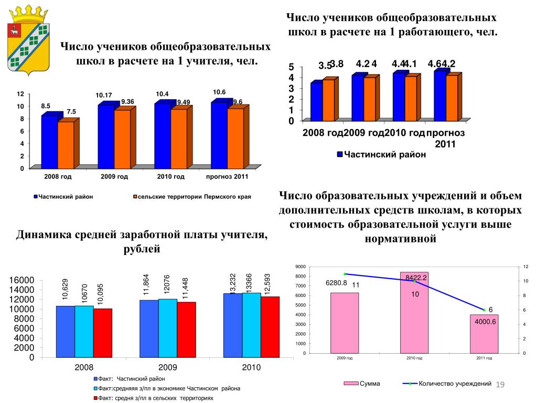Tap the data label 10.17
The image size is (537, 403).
pyautogui.click(x=104, y=95)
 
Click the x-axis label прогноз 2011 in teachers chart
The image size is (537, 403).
pyautogui.click(x=227, y=177)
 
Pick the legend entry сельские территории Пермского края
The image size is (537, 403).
pyautogui.click(x=191, y=197)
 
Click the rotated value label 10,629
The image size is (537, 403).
pyautogui.click(x=66, y=289)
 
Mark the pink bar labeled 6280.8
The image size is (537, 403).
pyautogui.click(x=345, y=322)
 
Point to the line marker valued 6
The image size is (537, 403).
pyautogui.click(x=484, y=310)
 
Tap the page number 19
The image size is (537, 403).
pyautogui.click(x=500, y=386)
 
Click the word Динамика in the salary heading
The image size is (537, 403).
pyautogui.click(x=42, y=236)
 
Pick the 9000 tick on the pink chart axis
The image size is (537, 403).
pyautogui.click(x=299, y=267)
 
